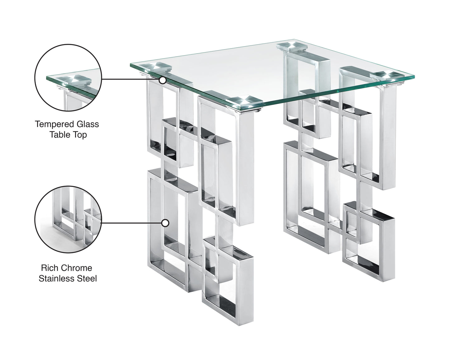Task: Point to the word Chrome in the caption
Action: coord(77,268)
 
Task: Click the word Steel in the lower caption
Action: coord(88,278)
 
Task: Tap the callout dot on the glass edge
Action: coord(162,80)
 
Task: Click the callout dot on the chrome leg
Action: coord(165,223)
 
